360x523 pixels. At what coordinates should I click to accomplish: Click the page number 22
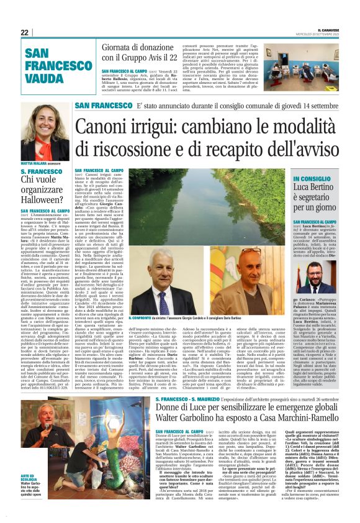pos(24,32)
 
